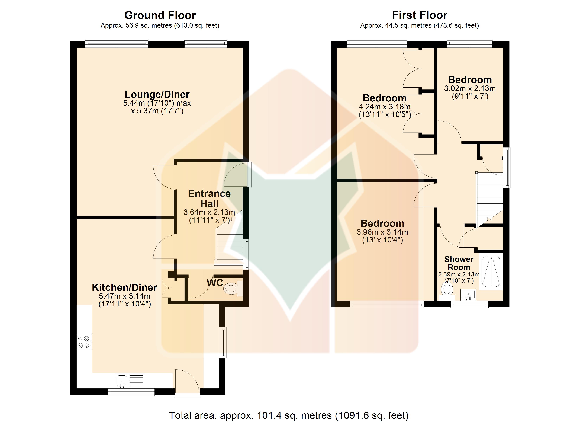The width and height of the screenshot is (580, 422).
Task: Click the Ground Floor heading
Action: [x=160, y=15]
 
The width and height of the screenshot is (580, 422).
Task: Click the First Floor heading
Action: [x=420, y=15]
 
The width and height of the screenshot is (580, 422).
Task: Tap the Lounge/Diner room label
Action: [x=157, y=94]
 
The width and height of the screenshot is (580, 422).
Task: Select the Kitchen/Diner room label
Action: [x=125, y=287]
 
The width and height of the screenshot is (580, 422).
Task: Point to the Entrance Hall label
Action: [x=210, y=199]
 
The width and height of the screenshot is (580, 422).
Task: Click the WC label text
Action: [x=215, y=283]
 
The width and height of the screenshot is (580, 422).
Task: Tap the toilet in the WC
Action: [x=233, y=289]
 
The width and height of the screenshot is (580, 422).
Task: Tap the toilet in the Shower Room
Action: [x=447, y=291]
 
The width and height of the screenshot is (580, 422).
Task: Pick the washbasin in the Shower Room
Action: [x=468, y=295]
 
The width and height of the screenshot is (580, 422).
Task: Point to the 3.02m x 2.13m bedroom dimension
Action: [x=470, y=89]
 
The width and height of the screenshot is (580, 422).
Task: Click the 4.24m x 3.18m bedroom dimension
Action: [x=385, y=107]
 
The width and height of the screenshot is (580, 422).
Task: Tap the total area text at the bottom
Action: [x=289, y=415]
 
